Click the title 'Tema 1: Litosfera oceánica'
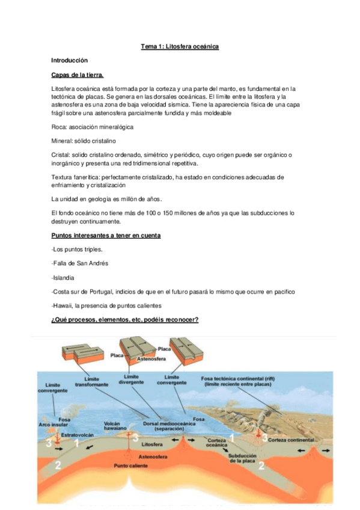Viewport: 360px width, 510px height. (x=180, y=46)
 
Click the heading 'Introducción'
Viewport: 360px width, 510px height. (x=70, y=61)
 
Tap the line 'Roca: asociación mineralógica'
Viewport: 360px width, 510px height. (x=93, y=127)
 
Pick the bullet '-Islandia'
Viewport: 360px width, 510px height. (x=64, y=278)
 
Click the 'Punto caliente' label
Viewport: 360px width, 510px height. (x=131, y=465)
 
